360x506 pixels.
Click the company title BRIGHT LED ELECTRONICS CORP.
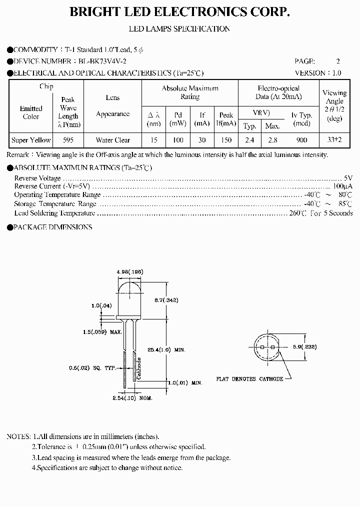[x=179, y=11]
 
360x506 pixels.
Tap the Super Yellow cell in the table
[x=31, y=140]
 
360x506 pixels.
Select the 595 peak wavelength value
[x=68, y=140]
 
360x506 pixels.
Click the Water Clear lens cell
[x=113, y=140]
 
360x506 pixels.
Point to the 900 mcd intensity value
[x=301, y=140]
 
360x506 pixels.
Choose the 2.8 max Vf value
[x=272, y=140]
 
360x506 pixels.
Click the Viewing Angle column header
[x=334, y=105]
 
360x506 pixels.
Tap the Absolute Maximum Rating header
[x=190, y=92]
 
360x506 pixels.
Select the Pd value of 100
[x=175, y=140]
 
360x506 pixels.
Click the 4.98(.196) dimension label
[x=130, y=271]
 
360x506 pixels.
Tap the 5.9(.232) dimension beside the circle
[x=304, y=346]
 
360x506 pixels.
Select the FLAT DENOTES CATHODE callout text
[x=249, y=379]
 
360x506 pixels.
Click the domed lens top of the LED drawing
[x=129, y=287]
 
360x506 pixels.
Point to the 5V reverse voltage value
[x=348, y=178]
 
